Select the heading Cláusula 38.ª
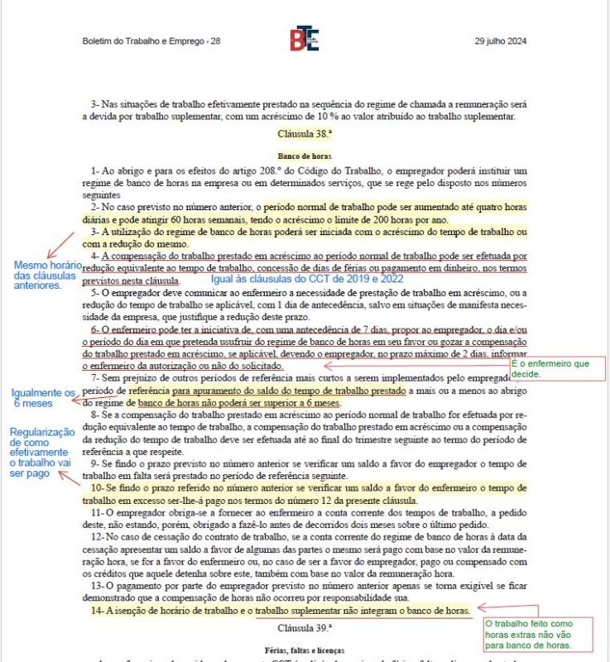coord(304,133)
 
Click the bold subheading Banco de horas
coord(304,155)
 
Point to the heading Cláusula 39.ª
coord(304,627)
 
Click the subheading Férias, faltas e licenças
coord(304,650)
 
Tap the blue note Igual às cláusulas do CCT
coord(307,280)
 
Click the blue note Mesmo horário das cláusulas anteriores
coord(46,275)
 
